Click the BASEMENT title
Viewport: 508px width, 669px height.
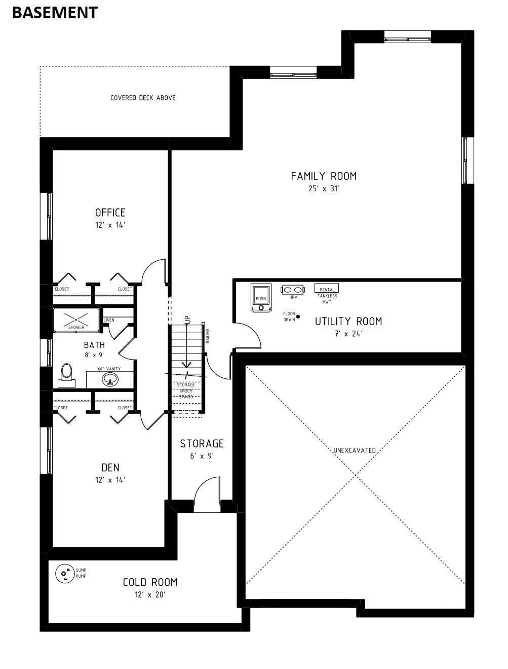coord(55,13)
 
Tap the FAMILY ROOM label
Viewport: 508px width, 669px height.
coord(324,176)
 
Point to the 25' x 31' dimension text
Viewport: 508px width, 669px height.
coord(324,189)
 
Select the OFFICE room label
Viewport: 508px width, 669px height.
coord(110,213)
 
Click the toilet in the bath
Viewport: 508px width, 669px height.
coord(67,375)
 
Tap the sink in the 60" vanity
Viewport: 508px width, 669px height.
coord(110,379)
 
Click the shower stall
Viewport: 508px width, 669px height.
coord(76,320)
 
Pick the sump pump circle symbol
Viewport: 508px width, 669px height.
coord(65,573)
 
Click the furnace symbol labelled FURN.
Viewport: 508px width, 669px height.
coord(261,298)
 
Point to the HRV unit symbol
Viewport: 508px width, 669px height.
coord(293,290)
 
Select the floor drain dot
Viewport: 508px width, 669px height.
coord(298,316)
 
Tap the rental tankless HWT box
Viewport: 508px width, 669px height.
coord(327,288)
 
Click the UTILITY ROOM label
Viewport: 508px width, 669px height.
coord(348,321)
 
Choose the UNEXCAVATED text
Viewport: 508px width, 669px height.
coord(355,450)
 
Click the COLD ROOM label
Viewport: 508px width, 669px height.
coord(150,582)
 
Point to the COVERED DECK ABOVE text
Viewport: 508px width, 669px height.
coord(143,98)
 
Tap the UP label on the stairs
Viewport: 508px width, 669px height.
coord(187,320)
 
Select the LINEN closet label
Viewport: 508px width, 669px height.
coord(109,320)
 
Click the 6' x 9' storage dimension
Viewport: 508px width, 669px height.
coord(202,456)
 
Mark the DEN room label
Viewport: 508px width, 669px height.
coord(110,468)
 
